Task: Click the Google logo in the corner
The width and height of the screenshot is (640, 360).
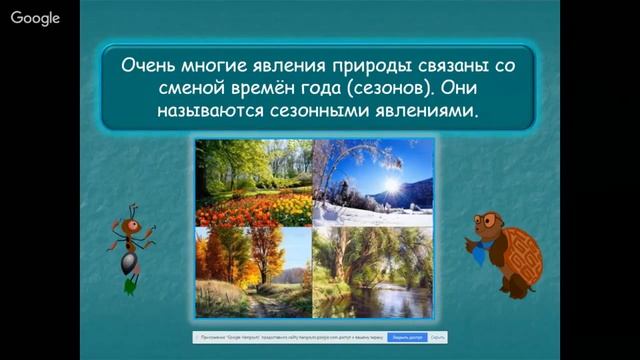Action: coord(35,18)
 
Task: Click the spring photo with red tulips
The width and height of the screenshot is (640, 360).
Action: coord(254,182)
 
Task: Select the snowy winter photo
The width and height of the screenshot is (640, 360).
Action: coord(373,182)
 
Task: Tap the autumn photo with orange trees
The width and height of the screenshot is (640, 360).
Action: coord(254,271)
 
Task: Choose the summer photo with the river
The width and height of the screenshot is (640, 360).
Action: coord(373,271)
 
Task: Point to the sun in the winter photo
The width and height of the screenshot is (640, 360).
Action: coord(391,186)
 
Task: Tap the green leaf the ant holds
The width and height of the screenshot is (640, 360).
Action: coord(130,285)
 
